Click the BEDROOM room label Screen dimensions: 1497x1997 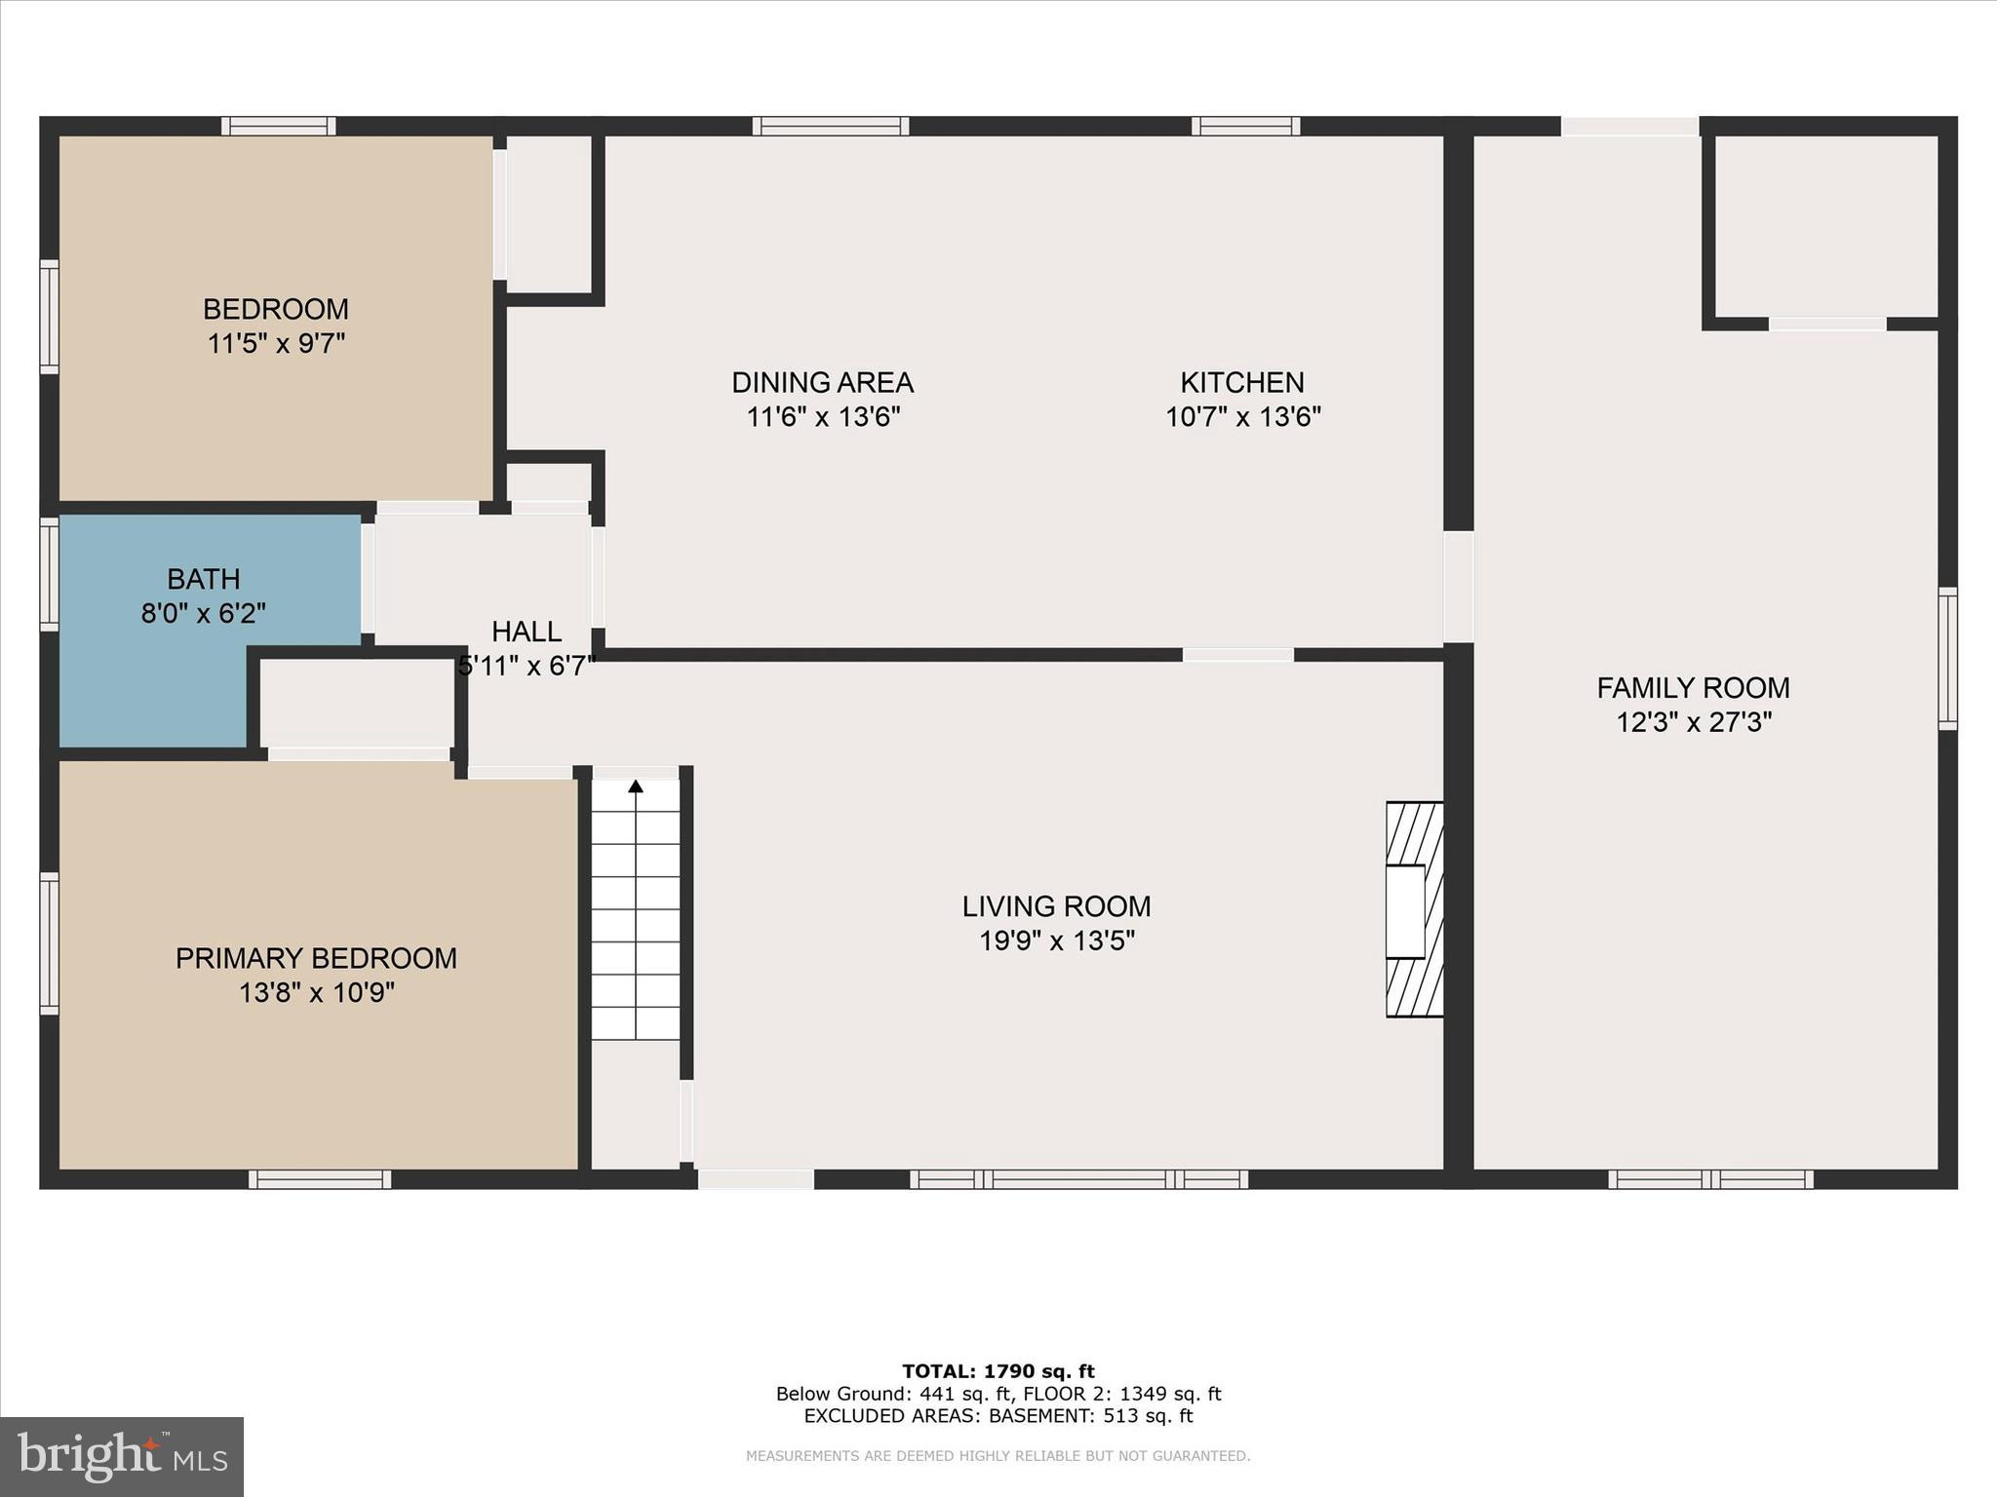click(x=275, y=309)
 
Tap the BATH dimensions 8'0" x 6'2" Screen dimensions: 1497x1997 click(x=203, y=614)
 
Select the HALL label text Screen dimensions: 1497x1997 click(x=527, y=632)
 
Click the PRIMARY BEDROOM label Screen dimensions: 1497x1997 click(x=316, y=958)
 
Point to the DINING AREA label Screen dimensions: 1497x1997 click(x=822, y=382)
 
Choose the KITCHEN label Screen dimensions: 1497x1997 click(x=1242, y=382)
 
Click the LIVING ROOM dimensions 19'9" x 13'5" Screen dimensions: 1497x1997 click(x=1057, y=941)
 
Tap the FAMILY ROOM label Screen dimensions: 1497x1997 click(x=1693, y=688)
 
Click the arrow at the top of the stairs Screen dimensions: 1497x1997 click(x=636, y=786)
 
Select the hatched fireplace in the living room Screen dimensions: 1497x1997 click(x=1415, y=909)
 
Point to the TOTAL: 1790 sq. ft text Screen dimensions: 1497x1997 click(x=998, y=1372)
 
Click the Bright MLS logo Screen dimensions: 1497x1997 click(x=122, y=1457)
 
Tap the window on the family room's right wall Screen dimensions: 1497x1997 click(x=1947, y=658)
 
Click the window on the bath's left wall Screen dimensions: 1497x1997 click(x=49, y=574)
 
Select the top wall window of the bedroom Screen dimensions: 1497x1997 click(x=278, y=126)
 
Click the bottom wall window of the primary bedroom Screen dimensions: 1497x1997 click(x=320, y=1179)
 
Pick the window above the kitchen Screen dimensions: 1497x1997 click(x=1245, y=126)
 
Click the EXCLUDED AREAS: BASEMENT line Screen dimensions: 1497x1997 click(x=998, y=1416)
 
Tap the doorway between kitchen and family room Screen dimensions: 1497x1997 click(x=1458, y=587)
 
